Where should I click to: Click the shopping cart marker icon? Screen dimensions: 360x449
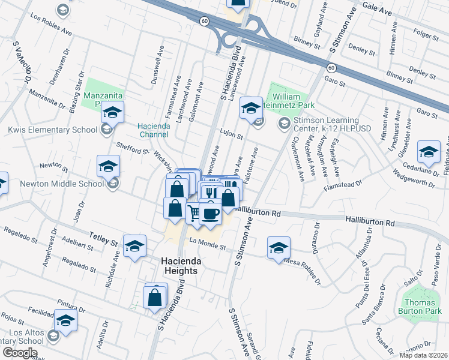(x=194, y=212)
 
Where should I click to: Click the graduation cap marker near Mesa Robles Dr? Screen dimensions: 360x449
(x=279, y=247)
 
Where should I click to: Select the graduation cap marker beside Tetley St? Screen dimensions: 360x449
(x=134, y=245)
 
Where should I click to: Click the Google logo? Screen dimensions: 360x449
(x=20, y=353)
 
